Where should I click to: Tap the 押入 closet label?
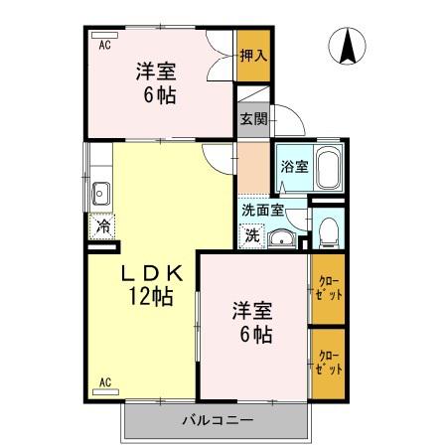point(253,55)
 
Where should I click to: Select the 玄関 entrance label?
point(252,118)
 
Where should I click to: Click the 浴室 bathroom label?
point(294,166)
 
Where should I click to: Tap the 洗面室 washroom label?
point(263,210)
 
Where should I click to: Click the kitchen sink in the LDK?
point(100,193)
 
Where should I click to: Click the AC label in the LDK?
point(104,382)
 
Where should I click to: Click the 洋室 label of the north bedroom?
point(156,73)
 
